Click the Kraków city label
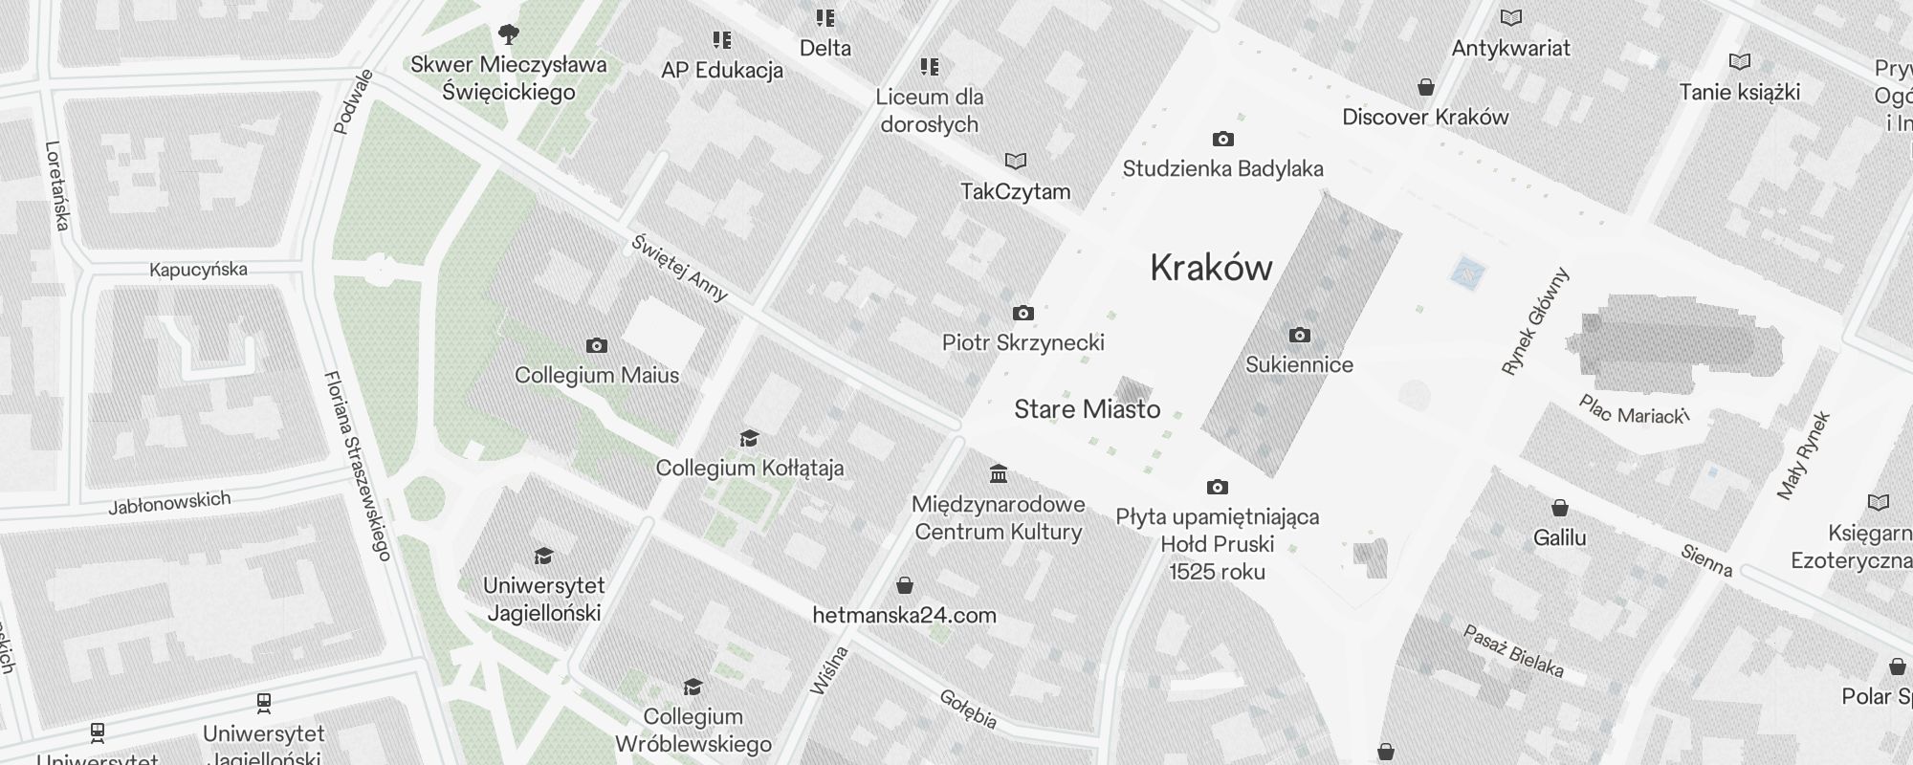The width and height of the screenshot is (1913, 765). pyautogui.click(x=1211, y=268)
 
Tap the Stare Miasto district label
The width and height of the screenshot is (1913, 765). pyautogui.click(x=1087, y=409)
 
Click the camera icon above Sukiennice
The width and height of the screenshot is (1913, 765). pyautogui.click(x=1299, y=335)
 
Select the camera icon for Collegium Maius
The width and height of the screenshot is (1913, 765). pyautogui.click(x=597, y=345)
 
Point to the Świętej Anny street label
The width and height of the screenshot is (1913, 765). pyautogui.click(x=679, y=268)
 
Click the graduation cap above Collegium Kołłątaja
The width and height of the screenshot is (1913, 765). pyautogui.click(x=749, y=438)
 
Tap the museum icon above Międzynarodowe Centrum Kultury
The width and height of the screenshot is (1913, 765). pyautogui.click(x=999, y=473)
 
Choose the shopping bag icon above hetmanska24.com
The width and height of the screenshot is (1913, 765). pyautogui.click(x=904, y=584)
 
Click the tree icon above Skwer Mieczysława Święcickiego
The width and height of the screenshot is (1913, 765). pyautogui.click(x=509, y=35)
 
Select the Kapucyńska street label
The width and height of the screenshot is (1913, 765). pyautogui.click(x=198, y=270)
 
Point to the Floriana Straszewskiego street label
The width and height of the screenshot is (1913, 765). pyautogui.click(x=358, y=465)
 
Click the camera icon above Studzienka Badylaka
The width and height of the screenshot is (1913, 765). pyautogui.click(x=1222, y=140)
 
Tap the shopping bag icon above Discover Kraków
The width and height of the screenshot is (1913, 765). pyautogui.click(x=1425, y=87)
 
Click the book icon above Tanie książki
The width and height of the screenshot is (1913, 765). pyautogui.click(x=1739, y=62)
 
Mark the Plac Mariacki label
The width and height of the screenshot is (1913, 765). pyautogui.click(x=1633, y=410)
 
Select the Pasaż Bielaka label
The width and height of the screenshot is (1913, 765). pyautogui.click(x=1513, y=650)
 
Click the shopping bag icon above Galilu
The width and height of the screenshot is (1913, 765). pyautogui.click(x=1559, y=507)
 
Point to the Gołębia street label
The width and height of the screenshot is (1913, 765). pyautogui.click(x=968, y=709)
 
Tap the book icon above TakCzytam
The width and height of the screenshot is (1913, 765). pyautogui.click(x=1015, y=161)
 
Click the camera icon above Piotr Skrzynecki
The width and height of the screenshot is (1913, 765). pyautogui.click(x=1022, y=313)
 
